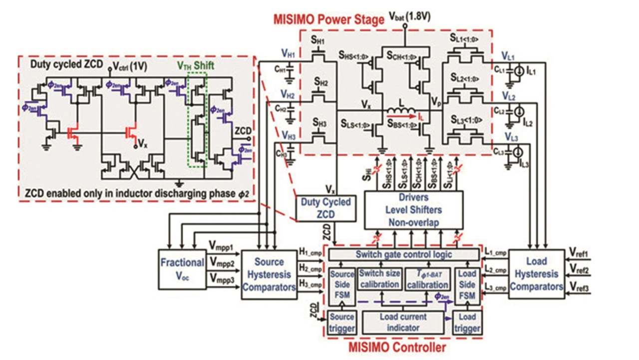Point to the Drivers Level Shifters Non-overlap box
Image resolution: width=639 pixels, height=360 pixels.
pyautogui.click(x=414, y=209)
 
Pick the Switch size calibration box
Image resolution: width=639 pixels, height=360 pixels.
pyautogui.click(x=380, y=279)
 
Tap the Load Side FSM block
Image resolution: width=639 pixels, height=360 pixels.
pyautogui.click(x=467, y=284)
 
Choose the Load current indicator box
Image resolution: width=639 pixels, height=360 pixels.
pyautogui.click(x=403, y=322)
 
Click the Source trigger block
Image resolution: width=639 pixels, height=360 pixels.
pyautogui.click(x=341, y=323)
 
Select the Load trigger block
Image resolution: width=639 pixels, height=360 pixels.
pyautogui.click(x=467, y=323)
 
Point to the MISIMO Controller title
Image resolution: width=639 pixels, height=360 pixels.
pyautogui.click(x=404, y=346)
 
